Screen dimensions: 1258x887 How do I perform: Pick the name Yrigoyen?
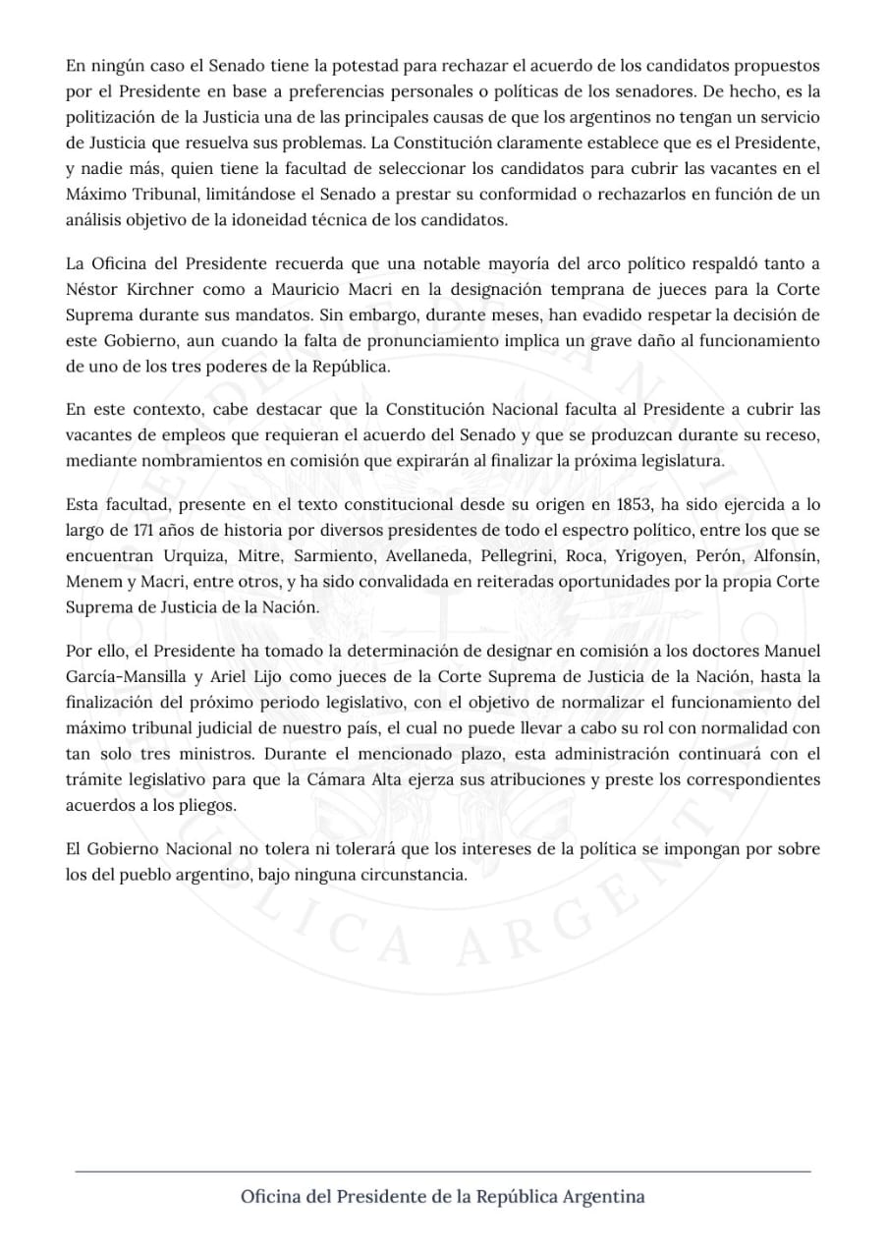[643, 556]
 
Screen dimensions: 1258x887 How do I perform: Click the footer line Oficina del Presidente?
[443, 1197]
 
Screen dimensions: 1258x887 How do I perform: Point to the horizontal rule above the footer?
[443, 1171]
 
